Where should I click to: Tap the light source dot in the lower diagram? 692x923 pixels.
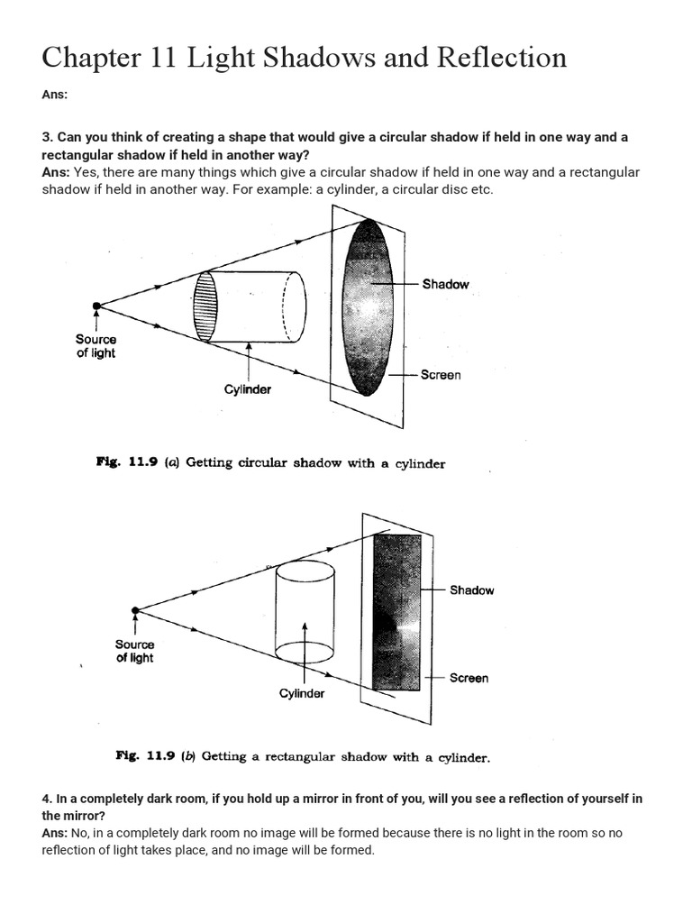point(135,610)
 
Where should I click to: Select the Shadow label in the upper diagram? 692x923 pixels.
point(445,284)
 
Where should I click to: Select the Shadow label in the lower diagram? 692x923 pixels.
point(471,590)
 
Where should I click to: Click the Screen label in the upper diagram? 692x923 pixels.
point(440,375)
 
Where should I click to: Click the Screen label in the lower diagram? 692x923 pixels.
point(469,678)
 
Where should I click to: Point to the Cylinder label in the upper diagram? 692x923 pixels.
point(248,389)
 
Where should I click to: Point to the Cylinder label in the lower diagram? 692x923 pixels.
point(302,693)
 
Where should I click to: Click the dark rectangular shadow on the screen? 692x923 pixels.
point(396,612)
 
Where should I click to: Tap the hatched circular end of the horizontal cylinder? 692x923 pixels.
point(206,306)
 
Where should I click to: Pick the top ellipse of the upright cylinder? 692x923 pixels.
point(306,570)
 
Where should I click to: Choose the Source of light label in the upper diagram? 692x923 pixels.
point(96,346)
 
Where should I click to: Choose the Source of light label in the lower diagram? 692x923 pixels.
point(135,651)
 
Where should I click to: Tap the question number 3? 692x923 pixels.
point(46,137)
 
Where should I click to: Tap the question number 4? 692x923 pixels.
point(46,800)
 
